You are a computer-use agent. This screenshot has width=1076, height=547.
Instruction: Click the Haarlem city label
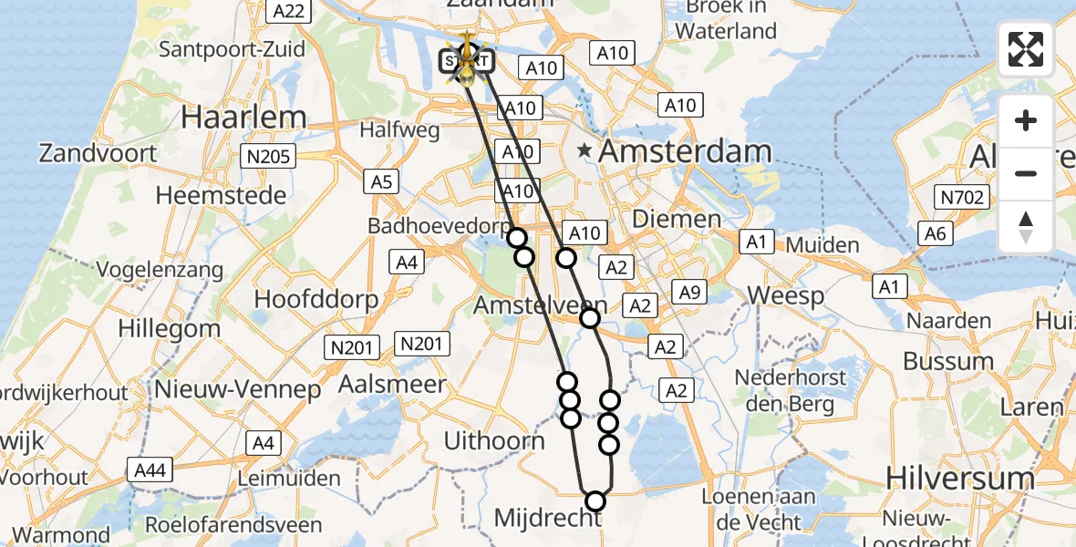click(243, 117)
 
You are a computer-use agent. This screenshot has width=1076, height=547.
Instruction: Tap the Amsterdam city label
click(685, 151)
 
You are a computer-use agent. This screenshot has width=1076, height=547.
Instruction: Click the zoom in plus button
click(1026, 120)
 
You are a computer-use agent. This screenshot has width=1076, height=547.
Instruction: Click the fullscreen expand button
click(1026, 49)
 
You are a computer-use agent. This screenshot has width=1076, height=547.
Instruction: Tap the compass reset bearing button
click(1026, 226)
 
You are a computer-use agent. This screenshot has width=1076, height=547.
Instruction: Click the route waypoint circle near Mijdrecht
click(595, 501)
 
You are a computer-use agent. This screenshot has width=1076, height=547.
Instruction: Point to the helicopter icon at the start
click(467, 60)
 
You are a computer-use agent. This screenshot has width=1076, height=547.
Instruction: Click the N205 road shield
click(269, 157)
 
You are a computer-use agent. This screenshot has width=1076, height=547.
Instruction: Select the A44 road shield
click(150, 470)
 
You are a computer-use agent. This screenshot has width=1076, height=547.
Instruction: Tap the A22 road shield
click(289, 11)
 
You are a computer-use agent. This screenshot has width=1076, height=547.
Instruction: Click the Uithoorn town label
click(494, 441)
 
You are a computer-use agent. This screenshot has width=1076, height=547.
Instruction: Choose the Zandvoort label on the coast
click(98, 152)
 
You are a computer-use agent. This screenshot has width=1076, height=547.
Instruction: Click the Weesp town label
click(785, 295)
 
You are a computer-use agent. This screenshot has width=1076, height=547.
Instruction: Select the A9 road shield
click(688, 292)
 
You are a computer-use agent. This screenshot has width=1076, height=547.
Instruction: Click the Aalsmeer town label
click(392, 385)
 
